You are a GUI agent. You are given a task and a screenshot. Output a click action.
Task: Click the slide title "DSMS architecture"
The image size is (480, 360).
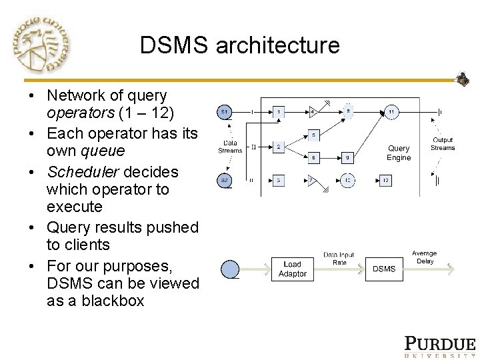tap(240, 45)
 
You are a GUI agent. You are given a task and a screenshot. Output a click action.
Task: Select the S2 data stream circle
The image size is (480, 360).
tap(225, 179)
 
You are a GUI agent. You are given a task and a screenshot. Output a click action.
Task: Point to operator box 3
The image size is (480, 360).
tap(280, 179)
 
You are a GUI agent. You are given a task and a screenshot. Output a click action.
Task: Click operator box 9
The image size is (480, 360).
tap(347, 158)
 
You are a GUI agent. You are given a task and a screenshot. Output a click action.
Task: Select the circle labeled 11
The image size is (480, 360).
tap(391, 111)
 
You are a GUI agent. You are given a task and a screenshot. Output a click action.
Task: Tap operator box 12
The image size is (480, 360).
tap(386, 179)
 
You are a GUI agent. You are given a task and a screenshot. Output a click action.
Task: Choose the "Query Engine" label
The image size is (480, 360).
tap(399, 153)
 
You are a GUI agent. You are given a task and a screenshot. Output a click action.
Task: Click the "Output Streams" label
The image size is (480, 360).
tap(442, 144)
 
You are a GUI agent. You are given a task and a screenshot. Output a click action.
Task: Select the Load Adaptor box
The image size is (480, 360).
tap(292, 269)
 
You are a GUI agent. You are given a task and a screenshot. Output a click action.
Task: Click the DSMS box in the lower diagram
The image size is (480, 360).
tap(384, 269)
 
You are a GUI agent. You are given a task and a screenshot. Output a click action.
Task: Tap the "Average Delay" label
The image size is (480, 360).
tap(424, 257)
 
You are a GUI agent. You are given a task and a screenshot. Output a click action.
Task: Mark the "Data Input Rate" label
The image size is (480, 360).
tap(339, 259)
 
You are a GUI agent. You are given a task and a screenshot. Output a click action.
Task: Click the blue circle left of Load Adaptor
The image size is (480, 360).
tap(229, 269)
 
